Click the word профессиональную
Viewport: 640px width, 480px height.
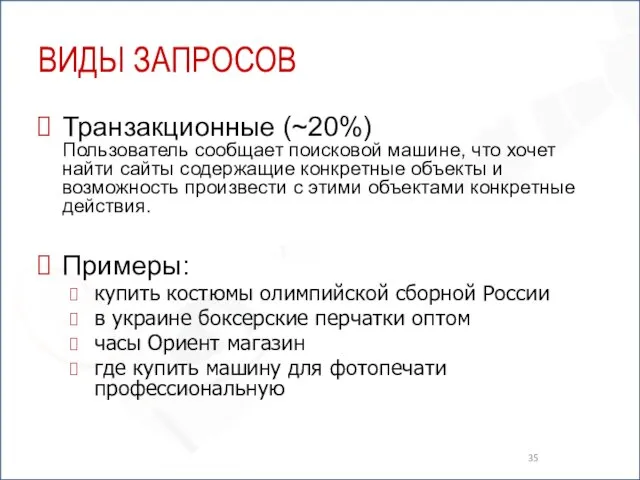[189, 389]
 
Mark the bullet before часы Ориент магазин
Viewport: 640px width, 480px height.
[75, 343]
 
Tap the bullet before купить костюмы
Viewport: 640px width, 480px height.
[75, 295]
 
